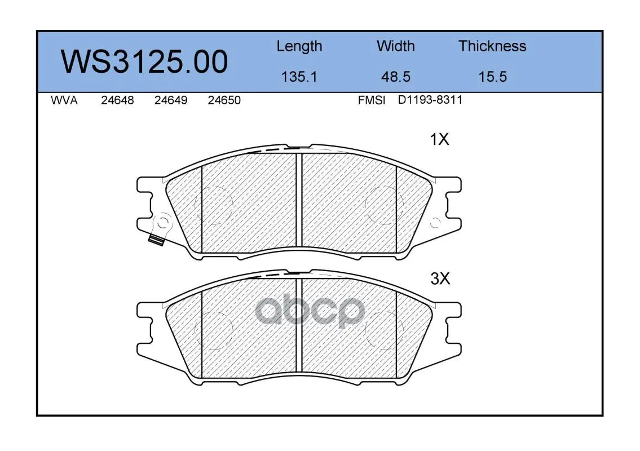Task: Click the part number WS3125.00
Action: point(144,61)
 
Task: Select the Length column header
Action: point(299,47)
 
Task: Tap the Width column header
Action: point(395,46)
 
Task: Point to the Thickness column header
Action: point(492,46)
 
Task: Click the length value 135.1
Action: point(299,77)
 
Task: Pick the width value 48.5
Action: point(395,77)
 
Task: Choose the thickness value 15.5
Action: point(493,77)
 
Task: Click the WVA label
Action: point(64,100)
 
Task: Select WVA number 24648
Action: point(117,100)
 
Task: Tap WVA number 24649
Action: point(171,100)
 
